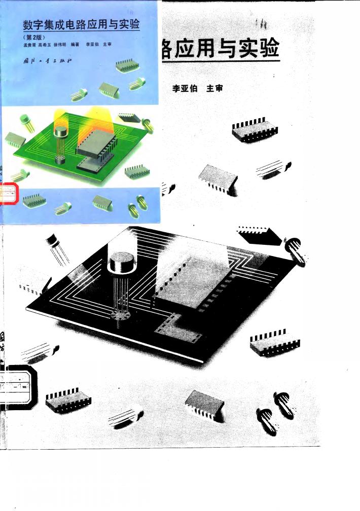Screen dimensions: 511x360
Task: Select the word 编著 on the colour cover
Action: (76, 45)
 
